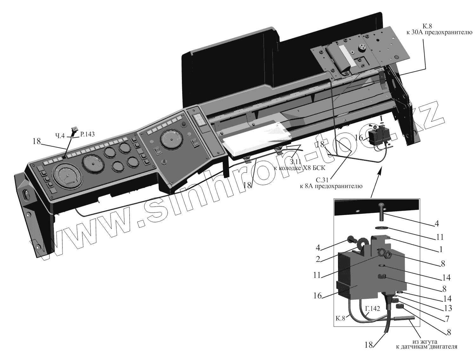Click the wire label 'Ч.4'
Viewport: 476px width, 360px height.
click(x=60, y=136)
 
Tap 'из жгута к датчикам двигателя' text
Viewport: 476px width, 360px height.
click(x=426, y=344)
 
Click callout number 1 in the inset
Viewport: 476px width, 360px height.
click(x=440, y=250)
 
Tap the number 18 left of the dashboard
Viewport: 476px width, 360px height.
click(x=36, y=141)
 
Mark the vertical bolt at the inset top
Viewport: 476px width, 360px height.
click(x=380, y=212)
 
